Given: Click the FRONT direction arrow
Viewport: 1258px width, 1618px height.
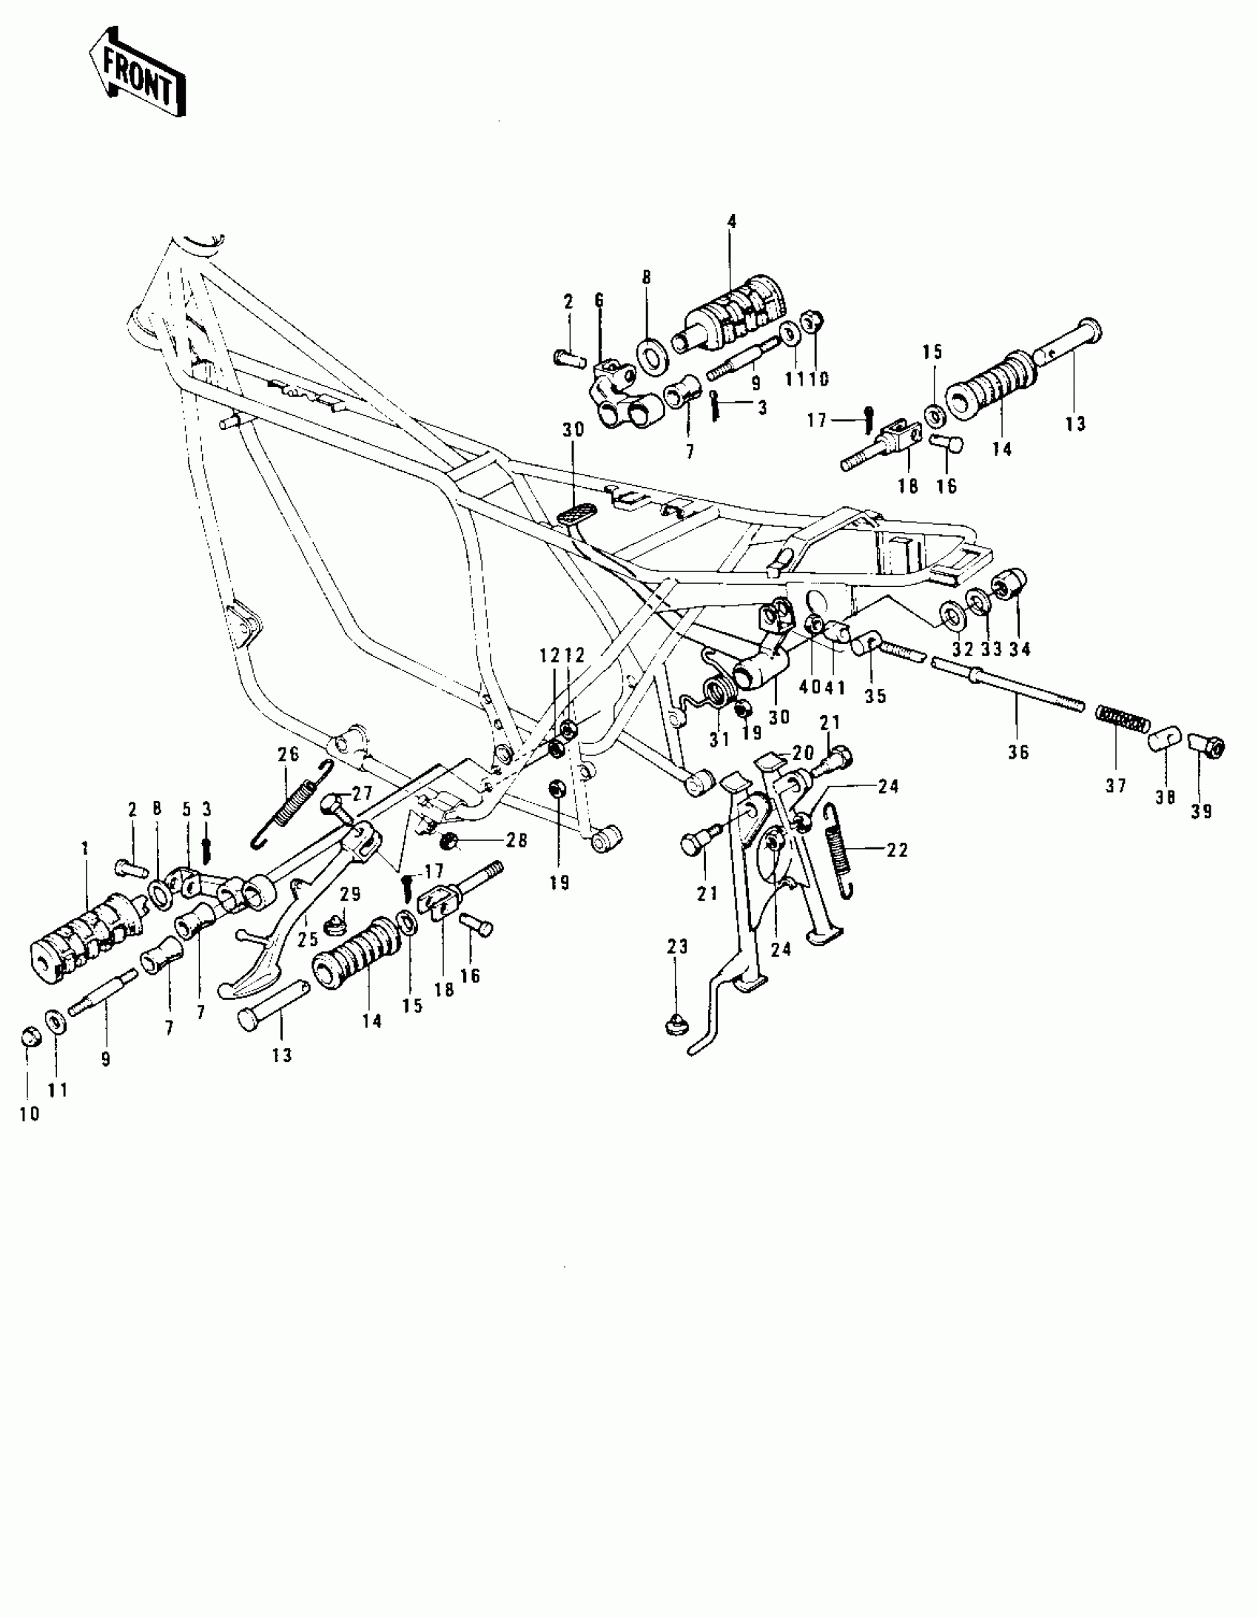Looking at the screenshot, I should pyautogui.click(x=137, y=73).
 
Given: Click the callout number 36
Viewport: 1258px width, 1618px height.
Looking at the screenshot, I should pyautogui.click(x=1018, y=752).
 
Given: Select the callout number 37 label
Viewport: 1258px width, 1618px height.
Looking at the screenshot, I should pyautogui.click(x=1116, y=785).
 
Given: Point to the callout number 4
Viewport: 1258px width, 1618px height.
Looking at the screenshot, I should pyautogui.click(x=732, y=221).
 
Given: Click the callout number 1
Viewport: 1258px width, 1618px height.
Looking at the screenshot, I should pyautogui.click(x=85, y=847).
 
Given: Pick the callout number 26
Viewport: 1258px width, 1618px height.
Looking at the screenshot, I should pyautogui.click(x=288, y=753).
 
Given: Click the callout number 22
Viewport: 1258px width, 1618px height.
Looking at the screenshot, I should pyautogui.click(x=897, y=850).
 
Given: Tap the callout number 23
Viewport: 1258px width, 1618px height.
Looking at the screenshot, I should pyautogui.click(x=677, y=946).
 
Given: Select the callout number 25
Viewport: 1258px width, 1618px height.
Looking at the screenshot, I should pyautogui.click(x=308, y=939).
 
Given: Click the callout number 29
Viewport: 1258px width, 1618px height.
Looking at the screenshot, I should pyautogui.click(x=351, y=894).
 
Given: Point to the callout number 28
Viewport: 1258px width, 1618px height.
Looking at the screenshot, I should pyautogui.click(x=517, y=840).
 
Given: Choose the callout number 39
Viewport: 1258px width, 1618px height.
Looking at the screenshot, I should pyautogui.click(x=1201, y=811).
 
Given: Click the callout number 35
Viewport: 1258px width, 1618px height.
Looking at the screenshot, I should pyautogui.click(x=875, y=696).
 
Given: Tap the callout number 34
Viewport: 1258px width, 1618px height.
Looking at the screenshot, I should pyautogui.click(x=1020, y=649).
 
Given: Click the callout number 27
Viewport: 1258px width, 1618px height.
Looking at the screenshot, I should pyautogui.click(x=363, y=793).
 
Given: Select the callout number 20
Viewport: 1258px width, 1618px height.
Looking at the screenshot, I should pyautogui.click(x=803, y=753).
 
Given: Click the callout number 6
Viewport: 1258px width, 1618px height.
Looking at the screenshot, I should pyautogui.click(x=599, y=300).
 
